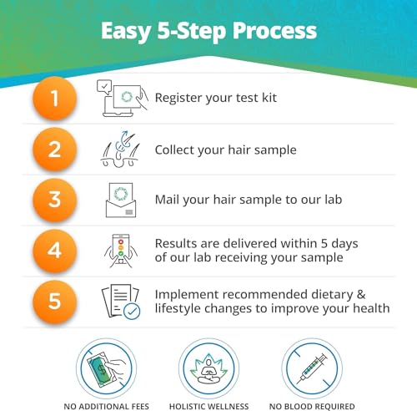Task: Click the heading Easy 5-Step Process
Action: point(208,31)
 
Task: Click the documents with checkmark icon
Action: point(120,302)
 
